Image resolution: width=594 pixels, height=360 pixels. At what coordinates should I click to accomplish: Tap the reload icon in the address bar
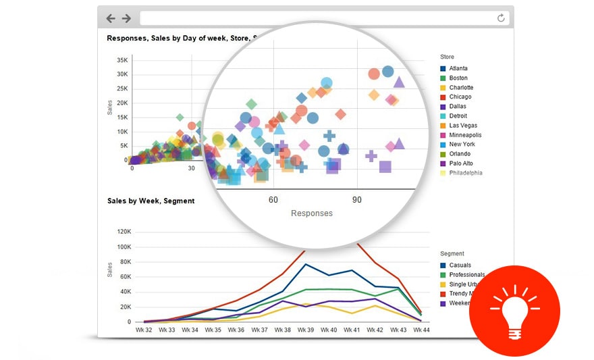click(x=501, y=18)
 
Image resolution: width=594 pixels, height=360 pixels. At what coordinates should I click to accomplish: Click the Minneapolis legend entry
click(x=465, y=134)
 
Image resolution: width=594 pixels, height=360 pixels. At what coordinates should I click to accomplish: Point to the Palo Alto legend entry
click(x=462, y=163)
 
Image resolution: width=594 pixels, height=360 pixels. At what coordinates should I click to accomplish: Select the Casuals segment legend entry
click(x=460, y=265)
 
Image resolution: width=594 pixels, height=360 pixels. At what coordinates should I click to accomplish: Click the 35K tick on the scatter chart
click(x=122, y=60)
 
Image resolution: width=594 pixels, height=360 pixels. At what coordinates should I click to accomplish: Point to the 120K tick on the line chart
click(x=124, y=231)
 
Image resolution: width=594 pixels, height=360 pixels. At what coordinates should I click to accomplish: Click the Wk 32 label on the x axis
click(x=144, y=330)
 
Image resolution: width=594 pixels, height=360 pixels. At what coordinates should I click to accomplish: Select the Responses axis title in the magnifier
click(x=312, y=213)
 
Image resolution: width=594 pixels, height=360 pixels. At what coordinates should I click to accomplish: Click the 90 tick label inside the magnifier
click(x=357, y=200)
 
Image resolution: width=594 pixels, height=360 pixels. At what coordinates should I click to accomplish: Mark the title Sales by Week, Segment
click(x=151, y=201)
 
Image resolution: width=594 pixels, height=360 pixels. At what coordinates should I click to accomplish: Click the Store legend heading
click(x=447, y=57)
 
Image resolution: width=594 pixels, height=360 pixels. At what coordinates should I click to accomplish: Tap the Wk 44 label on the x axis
click(x=421, y=330)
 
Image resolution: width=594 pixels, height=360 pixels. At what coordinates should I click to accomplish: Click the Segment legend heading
click(x=452, y=254)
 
